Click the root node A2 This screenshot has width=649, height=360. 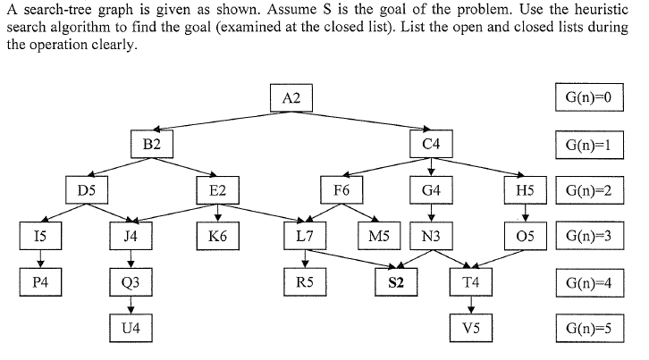(x=291, y=98)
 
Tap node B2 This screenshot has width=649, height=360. (x=151, y=144)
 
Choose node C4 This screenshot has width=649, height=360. (x=431, y=144)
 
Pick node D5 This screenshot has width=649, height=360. (x=87, y=190)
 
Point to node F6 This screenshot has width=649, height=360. (x=341, y=190)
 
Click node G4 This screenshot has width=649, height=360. (x=431, y=190)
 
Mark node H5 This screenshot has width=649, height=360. (x=525, y=190)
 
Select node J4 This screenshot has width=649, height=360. (x=131, y=237)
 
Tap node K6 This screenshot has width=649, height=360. (x=217, y=237)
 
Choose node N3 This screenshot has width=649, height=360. (x=431, y=237)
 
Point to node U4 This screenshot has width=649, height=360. (x=131, y=329)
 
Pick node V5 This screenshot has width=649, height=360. (x=471, y=329)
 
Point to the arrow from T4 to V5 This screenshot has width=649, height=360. (x=471, y=306)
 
